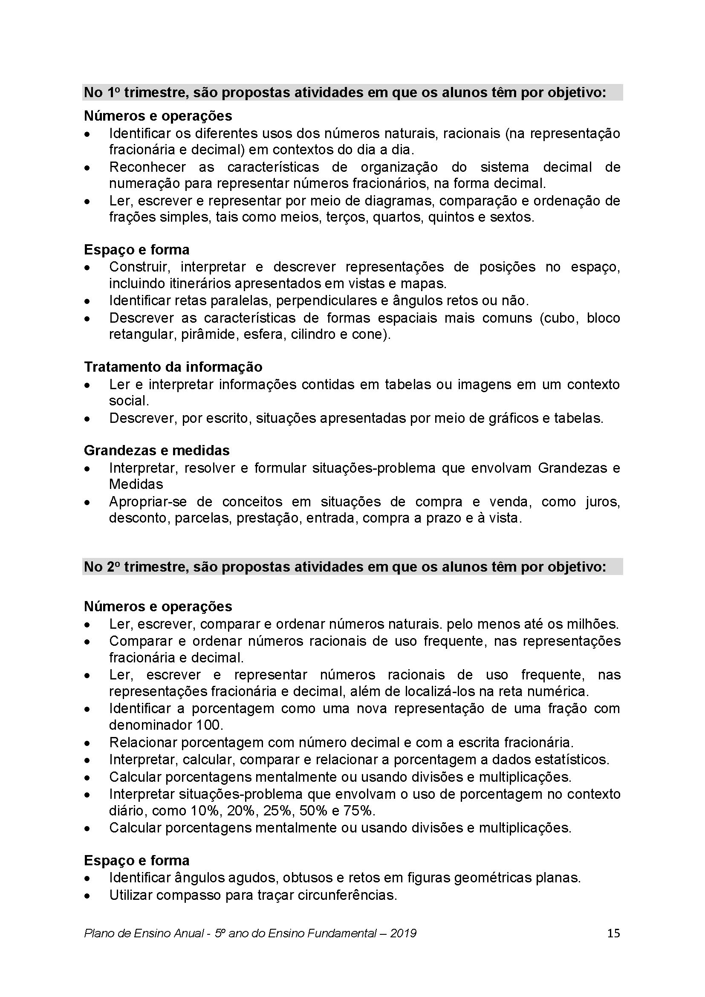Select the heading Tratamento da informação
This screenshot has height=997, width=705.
173,367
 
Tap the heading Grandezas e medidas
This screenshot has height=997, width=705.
157,450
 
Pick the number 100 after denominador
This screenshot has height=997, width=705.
209,725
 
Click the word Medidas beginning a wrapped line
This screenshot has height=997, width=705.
136,484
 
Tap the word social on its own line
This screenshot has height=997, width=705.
129,401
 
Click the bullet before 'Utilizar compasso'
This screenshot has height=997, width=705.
88,896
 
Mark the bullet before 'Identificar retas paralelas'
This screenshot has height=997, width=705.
88,301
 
